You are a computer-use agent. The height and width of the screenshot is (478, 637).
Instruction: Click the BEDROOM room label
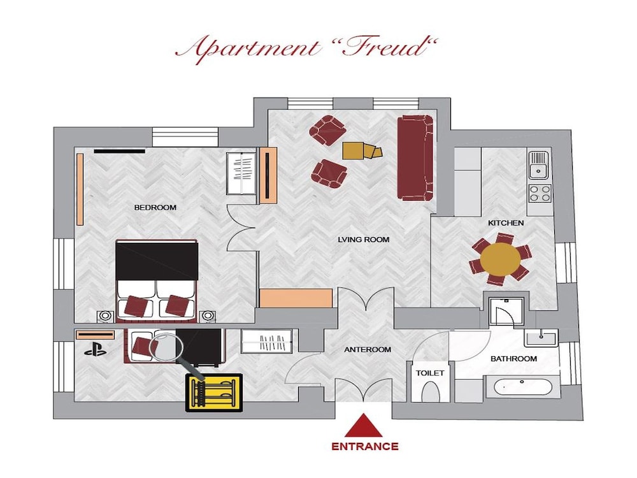tap(155, 207)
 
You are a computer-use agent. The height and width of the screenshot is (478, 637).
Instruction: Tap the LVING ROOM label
tap(364, 240)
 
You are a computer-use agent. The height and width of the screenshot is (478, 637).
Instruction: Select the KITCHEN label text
tap(506, 222)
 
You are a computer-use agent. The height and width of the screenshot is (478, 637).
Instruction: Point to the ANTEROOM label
tap(368, 349)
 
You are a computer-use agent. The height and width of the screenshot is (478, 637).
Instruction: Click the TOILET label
tap(430, 373)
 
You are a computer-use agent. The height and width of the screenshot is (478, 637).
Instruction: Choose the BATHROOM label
tap(514, 359)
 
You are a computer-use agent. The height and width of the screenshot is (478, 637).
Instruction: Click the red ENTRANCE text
tap(365, 446)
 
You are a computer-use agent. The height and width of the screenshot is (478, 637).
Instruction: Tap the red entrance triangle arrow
tap(363, 426)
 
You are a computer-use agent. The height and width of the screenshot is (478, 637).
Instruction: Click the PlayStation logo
tap(96, 349)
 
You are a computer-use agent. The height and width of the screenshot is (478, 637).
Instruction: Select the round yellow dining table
tap(500, 259)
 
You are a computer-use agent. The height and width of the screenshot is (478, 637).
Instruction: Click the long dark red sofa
tap(415, 157)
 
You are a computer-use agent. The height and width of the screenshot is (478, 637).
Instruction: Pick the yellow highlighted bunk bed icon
tap(214, 393)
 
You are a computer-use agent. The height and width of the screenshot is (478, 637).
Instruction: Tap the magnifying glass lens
tap(166, 347)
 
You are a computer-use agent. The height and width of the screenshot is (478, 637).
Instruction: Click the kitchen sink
tap(538, 165)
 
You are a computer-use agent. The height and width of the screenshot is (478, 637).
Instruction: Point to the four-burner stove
tap(540, 194)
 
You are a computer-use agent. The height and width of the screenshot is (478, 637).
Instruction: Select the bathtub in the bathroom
tap(522, 387)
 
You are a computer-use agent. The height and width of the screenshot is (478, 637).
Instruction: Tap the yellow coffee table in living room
tap(362, 150)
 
